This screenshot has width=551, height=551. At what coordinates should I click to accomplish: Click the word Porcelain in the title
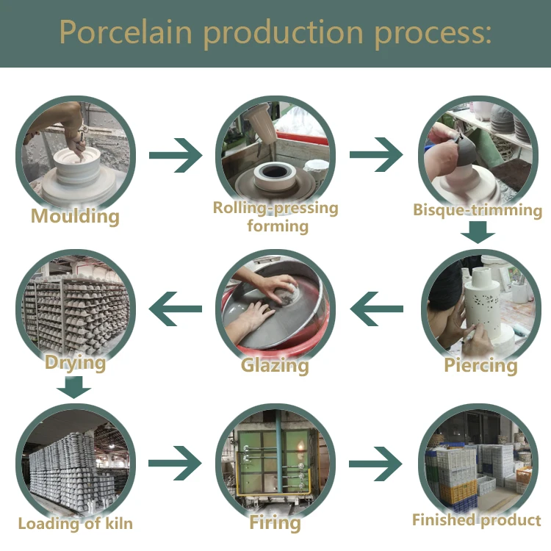point(126,32)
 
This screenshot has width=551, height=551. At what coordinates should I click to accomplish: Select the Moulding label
point(75,216)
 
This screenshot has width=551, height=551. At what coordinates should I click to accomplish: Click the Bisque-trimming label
point(478,210)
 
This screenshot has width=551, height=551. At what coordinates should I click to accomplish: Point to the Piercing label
point(480,365)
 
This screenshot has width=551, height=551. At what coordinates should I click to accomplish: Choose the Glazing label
point(275,365)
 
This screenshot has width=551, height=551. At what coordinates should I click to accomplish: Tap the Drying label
point(75,363)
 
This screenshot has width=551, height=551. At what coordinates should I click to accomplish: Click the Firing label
point(275,523)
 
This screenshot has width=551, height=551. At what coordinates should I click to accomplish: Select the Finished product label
point(477,520)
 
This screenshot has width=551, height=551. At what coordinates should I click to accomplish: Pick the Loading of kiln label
point(76,524)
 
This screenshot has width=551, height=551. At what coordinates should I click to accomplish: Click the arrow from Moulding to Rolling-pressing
point(176,155)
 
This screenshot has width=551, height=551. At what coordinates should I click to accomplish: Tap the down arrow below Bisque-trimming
point(478,232)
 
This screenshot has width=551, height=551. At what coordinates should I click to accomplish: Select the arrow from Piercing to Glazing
point(377,309)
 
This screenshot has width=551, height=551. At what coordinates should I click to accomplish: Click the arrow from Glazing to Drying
point(176,309)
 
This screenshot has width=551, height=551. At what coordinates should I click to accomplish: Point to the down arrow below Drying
point(73,387)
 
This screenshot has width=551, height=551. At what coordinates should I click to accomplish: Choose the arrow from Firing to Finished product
point(375,464)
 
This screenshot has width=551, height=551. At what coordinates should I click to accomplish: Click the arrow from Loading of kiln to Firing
point(175,463)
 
